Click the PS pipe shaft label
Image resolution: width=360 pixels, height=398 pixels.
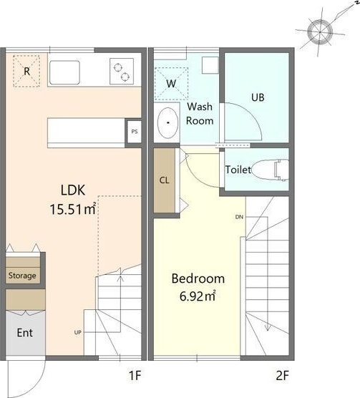[x=135, y=132]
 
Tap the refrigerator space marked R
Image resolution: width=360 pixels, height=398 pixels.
[x=26, y=72]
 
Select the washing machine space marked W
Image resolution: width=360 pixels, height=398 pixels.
[x=171, y=84]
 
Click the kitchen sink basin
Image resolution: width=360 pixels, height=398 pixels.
[x=64, y=72]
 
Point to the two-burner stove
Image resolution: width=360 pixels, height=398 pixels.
[x=122, y=72]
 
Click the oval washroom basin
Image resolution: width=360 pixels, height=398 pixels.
[x=167, y=123]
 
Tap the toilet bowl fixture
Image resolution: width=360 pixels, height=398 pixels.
[x=271, y=170]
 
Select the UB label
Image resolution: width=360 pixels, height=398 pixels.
[x=258, y=97]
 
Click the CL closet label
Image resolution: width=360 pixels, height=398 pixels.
[x=164, y=180]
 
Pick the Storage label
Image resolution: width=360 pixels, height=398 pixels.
[x=22, y=276]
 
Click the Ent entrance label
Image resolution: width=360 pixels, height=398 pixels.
[x=24, y=333]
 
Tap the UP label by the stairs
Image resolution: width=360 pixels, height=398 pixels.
[x=78, y=332]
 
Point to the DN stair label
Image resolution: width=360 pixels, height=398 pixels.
[x=239, y=217]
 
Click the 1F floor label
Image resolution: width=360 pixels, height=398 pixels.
[x=135, y=375]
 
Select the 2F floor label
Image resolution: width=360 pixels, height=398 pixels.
[x=283, y=375]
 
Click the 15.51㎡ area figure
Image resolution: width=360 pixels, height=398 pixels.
[x=73, y=209]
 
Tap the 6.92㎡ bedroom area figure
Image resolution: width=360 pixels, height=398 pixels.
[x=198, y=296]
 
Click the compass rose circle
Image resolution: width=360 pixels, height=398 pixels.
[x=320, y=31]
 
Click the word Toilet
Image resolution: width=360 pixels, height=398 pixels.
[x=238, y=170]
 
